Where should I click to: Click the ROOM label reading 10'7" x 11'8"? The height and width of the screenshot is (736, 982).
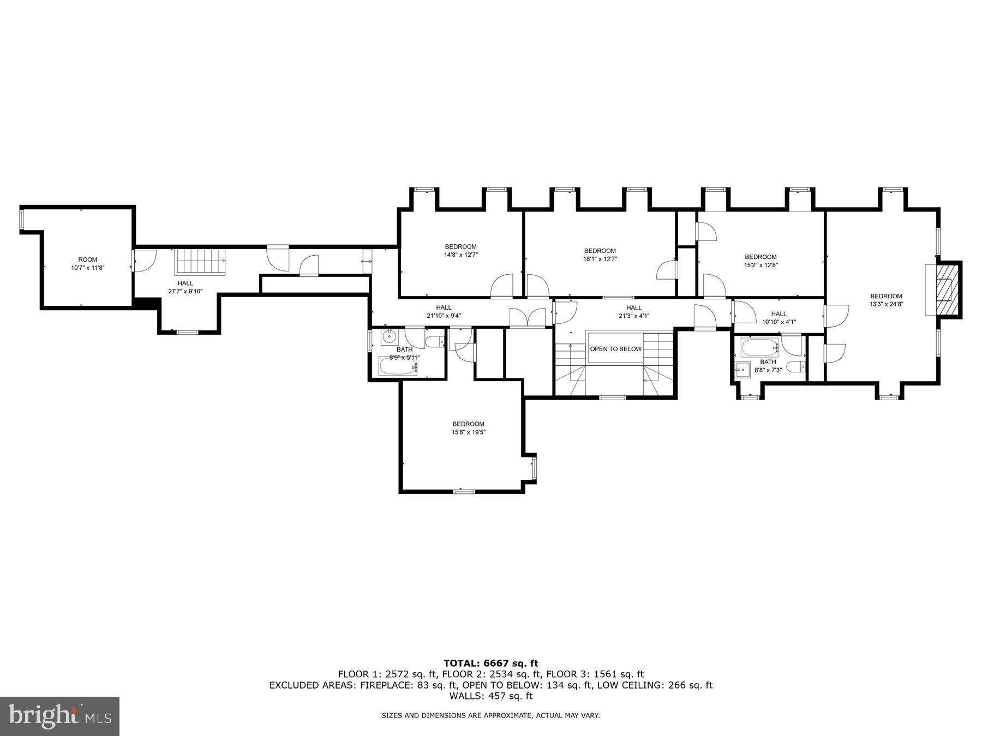(x=87, y=264)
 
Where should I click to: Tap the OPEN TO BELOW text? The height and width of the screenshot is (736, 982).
(x=615, y=349)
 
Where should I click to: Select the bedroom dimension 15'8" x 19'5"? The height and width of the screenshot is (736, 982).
(x=468, y=432)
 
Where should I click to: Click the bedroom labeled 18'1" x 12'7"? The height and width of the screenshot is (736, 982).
(x=600, y=255)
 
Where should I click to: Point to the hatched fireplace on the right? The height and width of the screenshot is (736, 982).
(x=948, y=290)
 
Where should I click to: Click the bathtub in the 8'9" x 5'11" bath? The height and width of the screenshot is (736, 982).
(x=398, y=366)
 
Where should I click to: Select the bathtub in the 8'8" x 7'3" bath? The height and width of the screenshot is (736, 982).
(x=759, y=347)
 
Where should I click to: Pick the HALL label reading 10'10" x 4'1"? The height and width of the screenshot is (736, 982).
(x=779, y=318)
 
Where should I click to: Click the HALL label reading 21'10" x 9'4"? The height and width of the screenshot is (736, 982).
(x=444, y=311)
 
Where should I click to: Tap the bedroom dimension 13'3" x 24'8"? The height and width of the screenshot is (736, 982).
(x=886, y=300)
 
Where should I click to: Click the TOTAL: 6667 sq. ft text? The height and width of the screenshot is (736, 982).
(x=490, y=663)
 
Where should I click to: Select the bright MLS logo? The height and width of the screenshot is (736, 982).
(x=59, y=716)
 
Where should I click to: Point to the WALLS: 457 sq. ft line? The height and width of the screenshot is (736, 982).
(x=490, y=696)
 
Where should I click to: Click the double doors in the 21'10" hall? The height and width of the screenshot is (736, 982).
(x=527, y=317)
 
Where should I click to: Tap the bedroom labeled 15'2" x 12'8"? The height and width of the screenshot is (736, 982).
(x=761, y=261)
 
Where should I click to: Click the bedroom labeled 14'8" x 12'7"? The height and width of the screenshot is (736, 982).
(x=460, y=250)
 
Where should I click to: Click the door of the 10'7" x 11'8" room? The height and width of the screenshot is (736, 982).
(x=144, y=260)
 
